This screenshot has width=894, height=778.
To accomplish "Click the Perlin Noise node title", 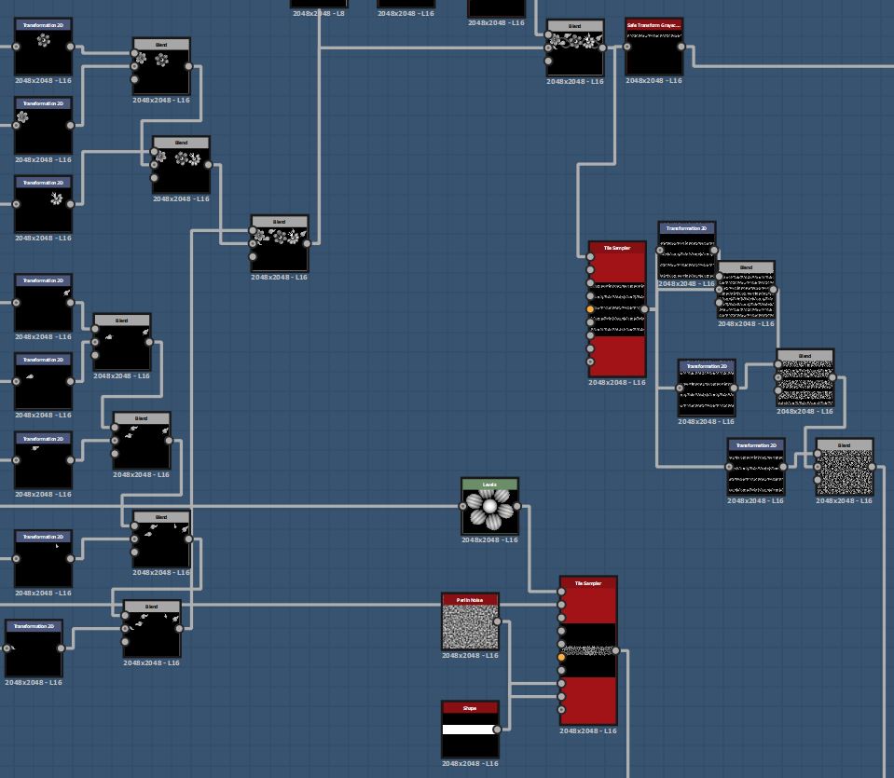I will click(470, 600).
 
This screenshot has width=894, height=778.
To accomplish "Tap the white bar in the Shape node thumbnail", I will click(470, 730).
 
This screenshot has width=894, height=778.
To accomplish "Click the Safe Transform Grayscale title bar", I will click(653, 25).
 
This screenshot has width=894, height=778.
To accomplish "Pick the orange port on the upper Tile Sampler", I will click(590, 309).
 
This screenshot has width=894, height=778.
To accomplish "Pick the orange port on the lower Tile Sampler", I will click(561, 658).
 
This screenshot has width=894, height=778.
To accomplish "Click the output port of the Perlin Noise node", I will click(497, 621).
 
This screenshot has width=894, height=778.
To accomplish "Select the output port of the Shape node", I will click(497, 730).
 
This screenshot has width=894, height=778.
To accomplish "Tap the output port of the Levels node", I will click(517, 507).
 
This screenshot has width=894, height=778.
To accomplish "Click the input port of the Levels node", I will click(463, 507).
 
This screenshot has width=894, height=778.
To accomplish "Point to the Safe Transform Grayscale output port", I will click(681, 47).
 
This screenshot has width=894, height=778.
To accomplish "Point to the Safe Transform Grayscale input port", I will click(627, 47).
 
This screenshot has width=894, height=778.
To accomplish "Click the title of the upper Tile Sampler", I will click(616, 248).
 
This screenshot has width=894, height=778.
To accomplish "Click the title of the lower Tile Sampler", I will click(588, 583).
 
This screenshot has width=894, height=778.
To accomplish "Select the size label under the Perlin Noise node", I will click(470, 656).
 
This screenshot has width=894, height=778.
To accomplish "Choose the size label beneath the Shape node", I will click(470, 764).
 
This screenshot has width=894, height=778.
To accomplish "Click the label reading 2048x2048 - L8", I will click(319, 14).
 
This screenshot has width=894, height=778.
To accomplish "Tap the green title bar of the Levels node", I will click(489, 485).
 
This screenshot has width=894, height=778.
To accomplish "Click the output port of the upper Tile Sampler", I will click(644, 309).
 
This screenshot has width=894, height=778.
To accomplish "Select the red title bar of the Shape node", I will click(470, 708).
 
